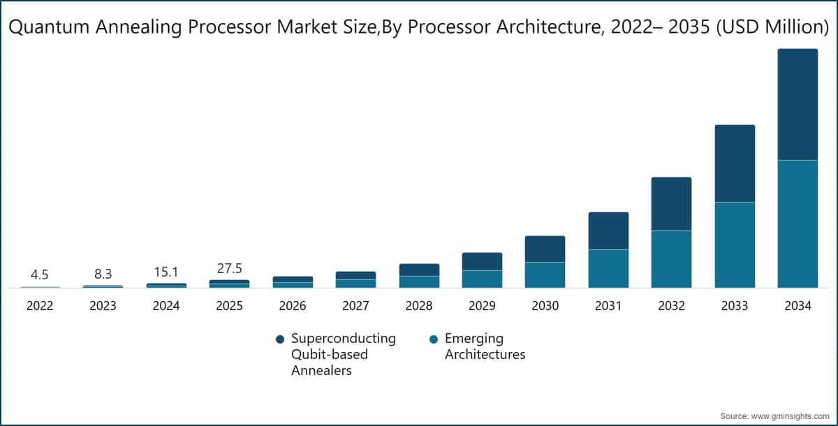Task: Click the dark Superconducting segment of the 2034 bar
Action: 797,105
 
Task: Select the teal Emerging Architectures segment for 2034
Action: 797,223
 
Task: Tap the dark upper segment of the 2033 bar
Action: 735,163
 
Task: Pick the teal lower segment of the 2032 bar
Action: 671,259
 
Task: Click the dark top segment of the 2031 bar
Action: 608,230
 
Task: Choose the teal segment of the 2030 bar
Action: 545,274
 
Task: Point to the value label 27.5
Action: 229,268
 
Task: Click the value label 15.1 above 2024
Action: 166,272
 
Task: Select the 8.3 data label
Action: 103,274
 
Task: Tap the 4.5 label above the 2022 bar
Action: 40,275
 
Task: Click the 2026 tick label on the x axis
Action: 293,306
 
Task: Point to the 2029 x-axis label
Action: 482,306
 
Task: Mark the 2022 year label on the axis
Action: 40,306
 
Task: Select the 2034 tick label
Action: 797,306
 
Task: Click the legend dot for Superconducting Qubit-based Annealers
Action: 280,339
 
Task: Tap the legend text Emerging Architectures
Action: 485,346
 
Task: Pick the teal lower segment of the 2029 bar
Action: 482,279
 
